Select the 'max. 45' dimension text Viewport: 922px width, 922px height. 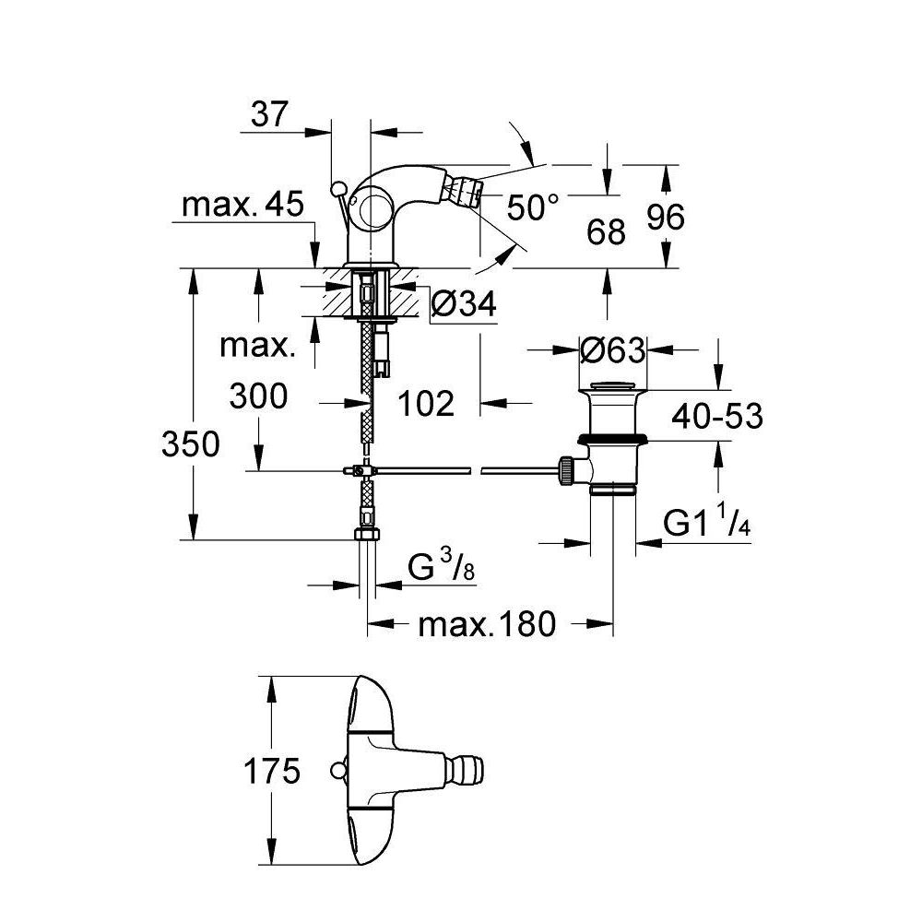[x=242, y=204]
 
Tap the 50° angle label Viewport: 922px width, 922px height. [x=533, y=207]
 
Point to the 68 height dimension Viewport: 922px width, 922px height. [x=606, y=231]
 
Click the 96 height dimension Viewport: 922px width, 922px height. [x=666, y=217]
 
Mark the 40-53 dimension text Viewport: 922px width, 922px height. [x=717, y=417]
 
